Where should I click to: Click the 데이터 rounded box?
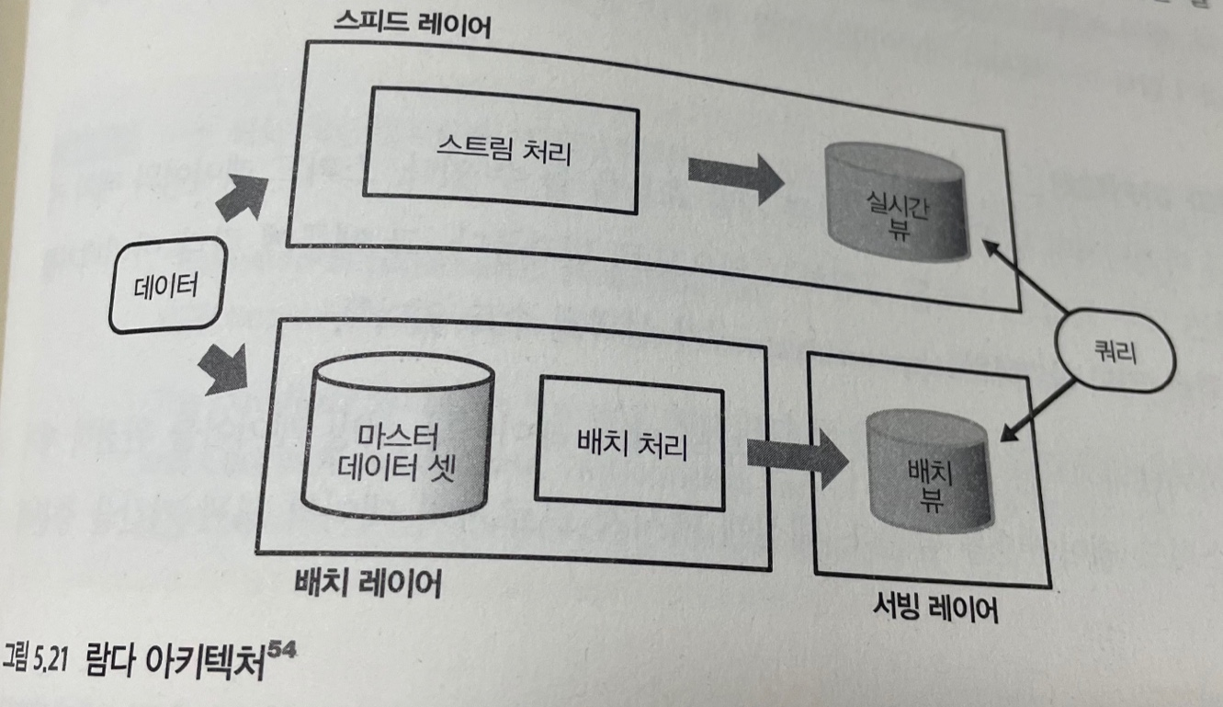click(x=166, y=285)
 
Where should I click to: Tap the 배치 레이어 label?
click(x=368, y=584)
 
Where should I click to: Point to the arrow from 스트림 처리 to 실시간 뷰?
click(x=735, y=177)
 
